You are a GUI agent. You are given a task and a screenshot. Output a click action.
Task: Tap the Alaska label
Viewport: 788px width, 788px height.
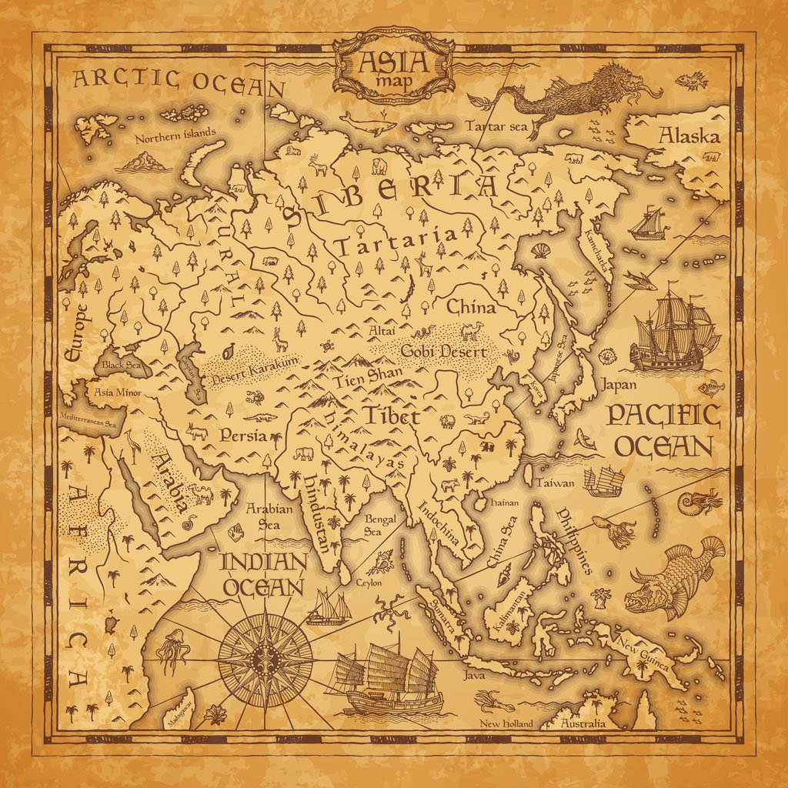click(689, 136)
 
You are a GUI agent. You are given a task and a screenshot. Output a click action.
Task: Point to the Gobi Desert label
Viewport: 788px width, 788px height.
click(444, 352)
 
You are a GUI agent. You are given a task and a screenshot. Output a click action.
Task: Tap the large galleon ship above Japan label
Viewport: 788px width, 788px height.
click(672, 331)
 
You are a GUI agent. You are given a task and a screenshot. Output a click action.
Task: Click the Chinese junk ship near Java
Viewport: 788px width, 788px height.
click(389, 677)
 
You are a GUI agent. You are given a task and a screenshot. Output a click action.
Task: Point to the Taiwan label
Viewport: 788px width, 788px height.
click(555, 483)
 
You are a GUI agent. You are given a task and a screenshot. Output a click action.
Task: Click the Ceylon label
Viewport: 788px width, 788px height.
click(369, 583)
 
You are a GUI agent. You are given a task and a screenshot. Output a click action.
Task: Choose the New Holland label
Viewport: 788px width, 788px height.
click(506, 723)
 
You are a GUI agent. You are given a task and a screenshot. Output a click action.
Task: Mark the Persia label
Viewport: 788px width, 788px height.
click(242, 436)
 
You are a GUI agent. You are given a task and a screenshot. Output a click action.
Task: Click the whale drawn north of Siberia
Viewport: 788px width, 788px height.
click(367, 123)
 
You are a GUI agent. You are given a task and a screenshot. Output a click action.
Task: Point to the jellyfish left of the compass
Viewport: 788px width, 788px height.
click(172, 651)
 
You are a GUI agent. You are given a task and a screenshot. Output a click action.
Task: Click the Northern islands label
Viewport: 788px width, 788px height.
click(175, 139)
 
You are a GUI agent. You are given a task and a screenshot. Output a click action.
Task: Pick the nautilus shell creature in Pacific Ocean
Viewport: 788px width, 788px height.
click(699, 501)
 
